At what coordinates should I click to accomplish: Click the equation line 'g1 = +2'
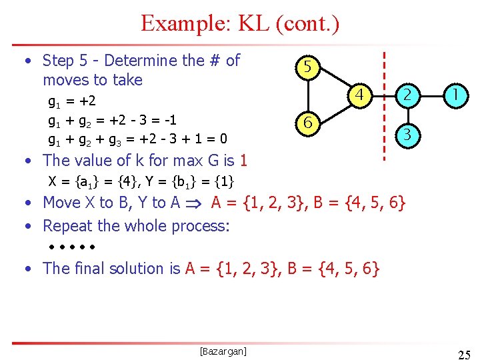72,102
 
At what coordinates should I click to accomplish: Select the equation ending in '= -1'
112,121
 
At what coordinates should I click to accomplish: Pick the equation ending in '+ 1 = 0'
137,139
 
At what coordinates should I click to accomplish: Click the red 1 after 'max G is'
243,161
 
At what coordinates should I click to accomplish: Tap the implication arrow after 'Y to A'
198,203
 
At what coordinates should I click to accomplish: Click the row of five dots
72,247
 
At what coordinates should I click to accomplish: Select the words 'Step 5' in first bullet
63,61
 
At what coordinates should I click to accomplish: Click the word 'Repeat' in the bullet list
65,225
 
